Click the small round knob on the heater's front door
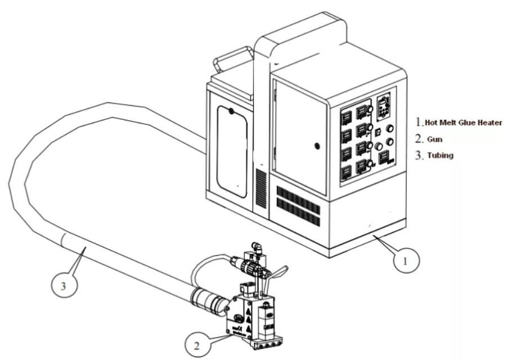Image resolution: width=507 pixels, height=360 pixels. click(x=316, y=146)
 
